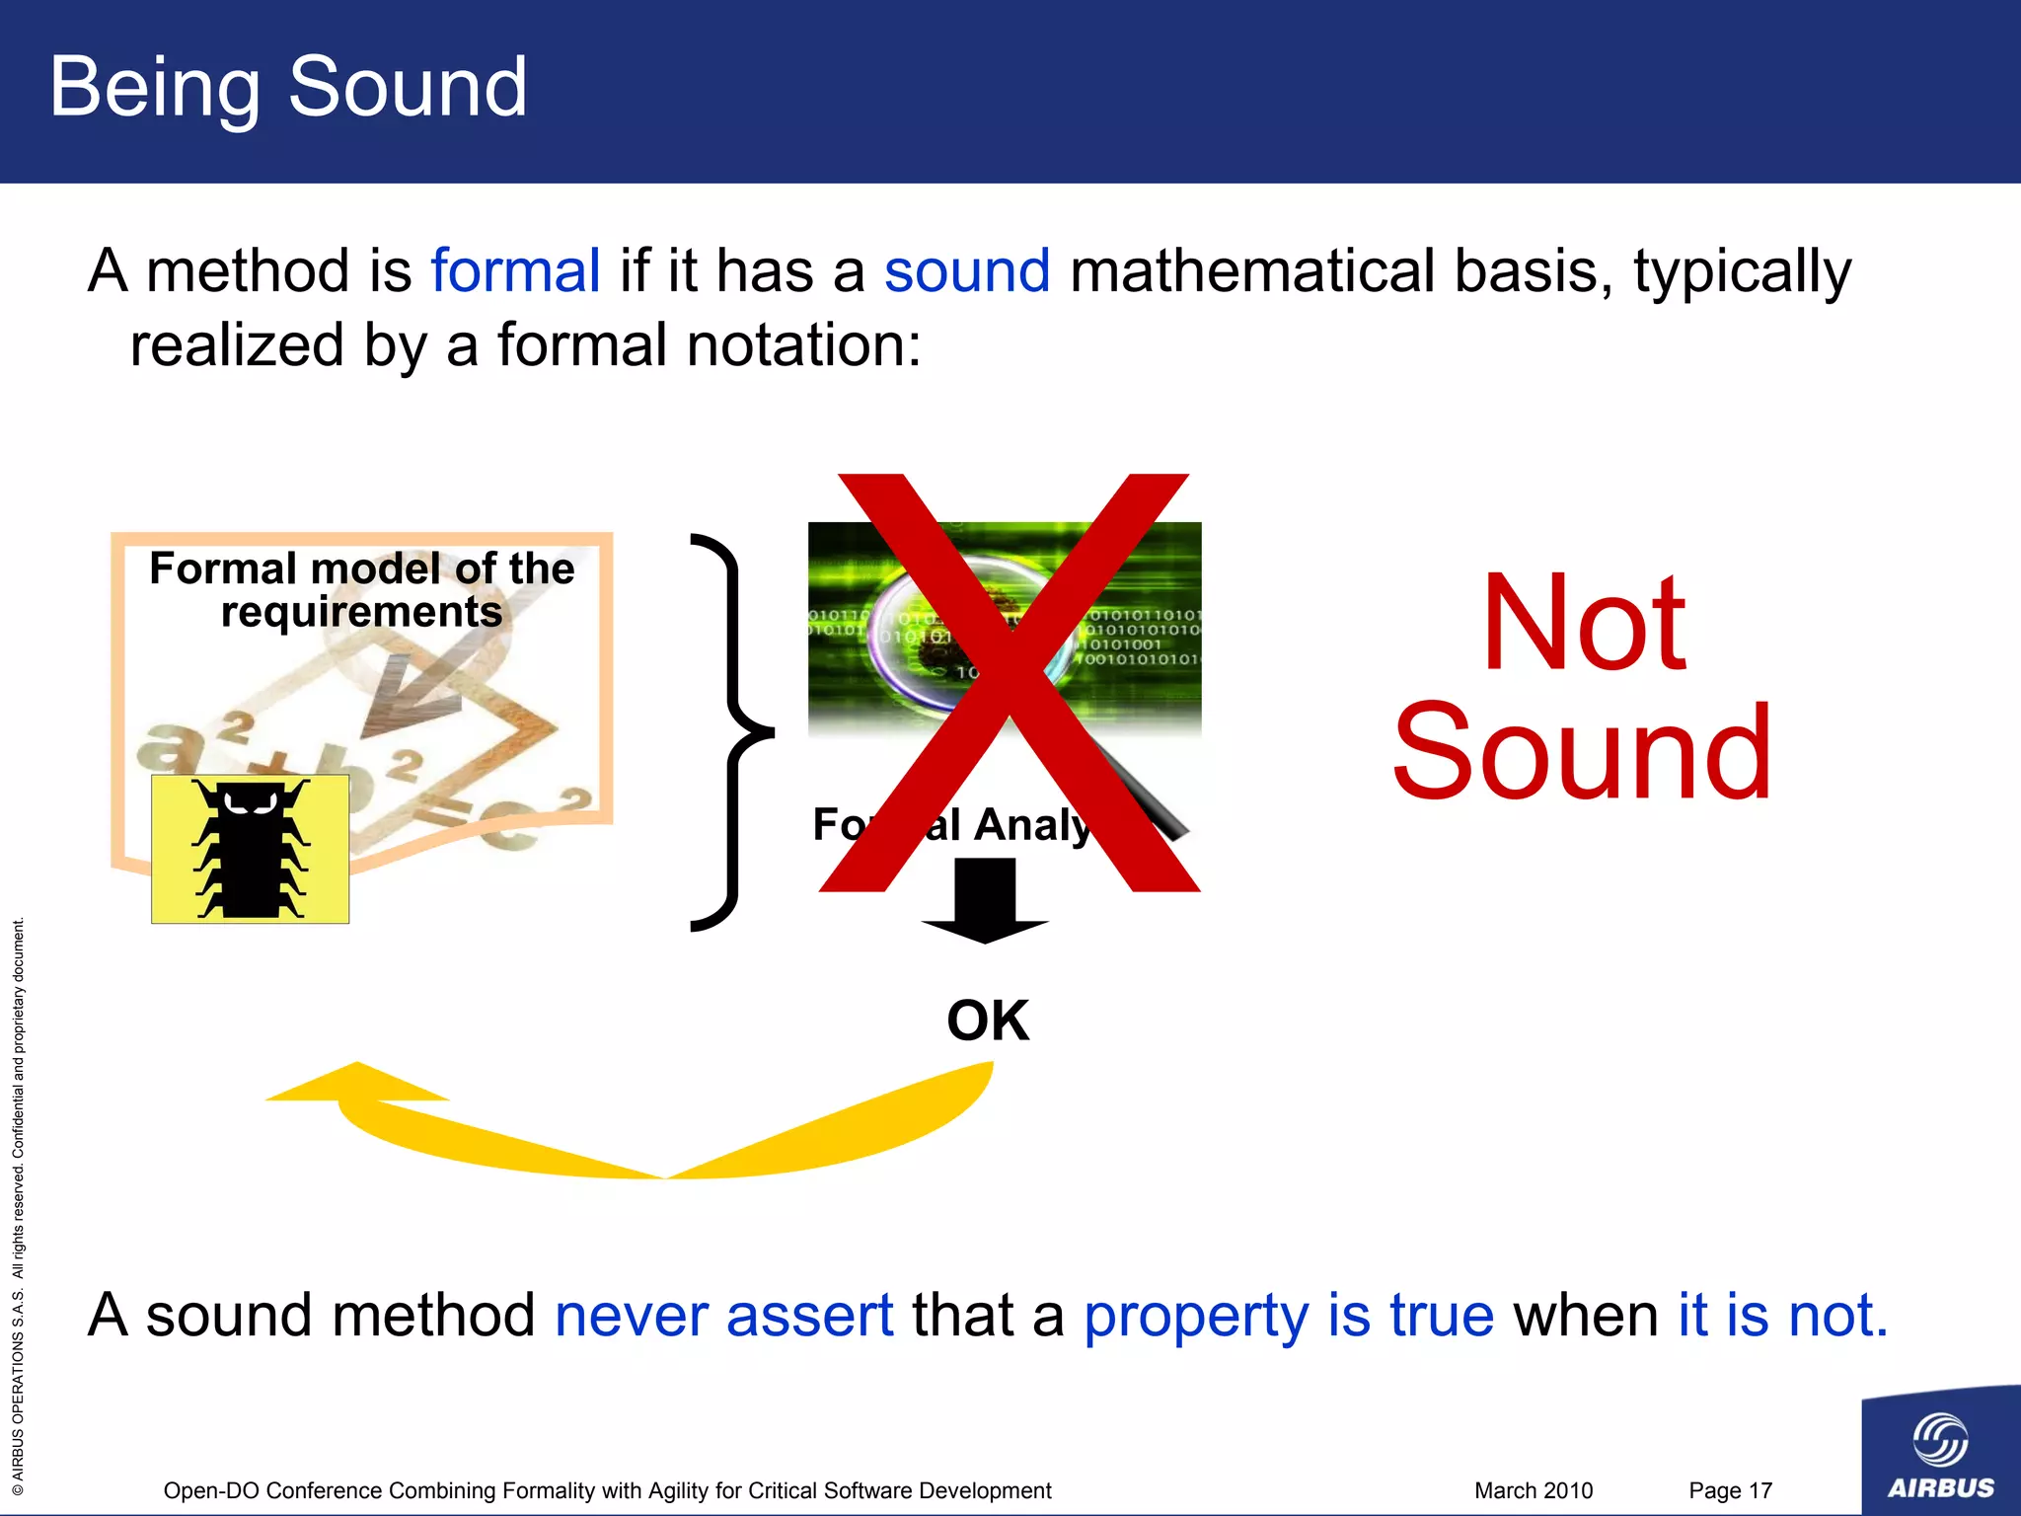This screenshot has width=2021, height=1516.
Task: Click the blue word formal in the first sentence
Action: [515, 271]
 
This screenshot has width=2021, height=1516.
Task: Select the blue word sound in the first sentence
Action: [966, 271]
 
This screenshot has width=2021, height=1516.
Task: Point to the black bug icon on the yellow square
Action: [250, 850]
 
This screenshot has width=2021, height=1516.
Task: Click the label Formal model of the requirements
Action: [361, 589]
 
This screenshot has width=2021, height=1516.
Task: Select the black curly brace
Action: [730, 732]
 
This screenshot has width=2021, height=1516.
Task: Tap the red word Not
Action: [1583, 624]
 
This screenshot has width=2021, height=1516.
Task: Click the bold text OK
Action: [988, 1021]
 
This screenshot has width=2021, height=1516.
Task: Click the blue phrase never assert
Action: [723, 1316]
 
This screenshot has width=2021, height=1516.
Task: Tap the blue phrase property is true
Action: [1288, 1316]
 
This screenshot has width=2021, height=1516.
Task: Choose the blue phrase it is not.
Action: [1782, 1316]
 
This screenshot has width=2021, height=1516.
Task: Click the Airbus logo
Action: [1940, 1451]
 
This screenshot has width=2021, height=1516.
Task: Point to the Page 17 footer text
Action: [1730, 1490]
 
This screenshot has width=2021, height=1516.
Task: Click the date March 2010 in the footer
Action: [1533, 1490]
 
